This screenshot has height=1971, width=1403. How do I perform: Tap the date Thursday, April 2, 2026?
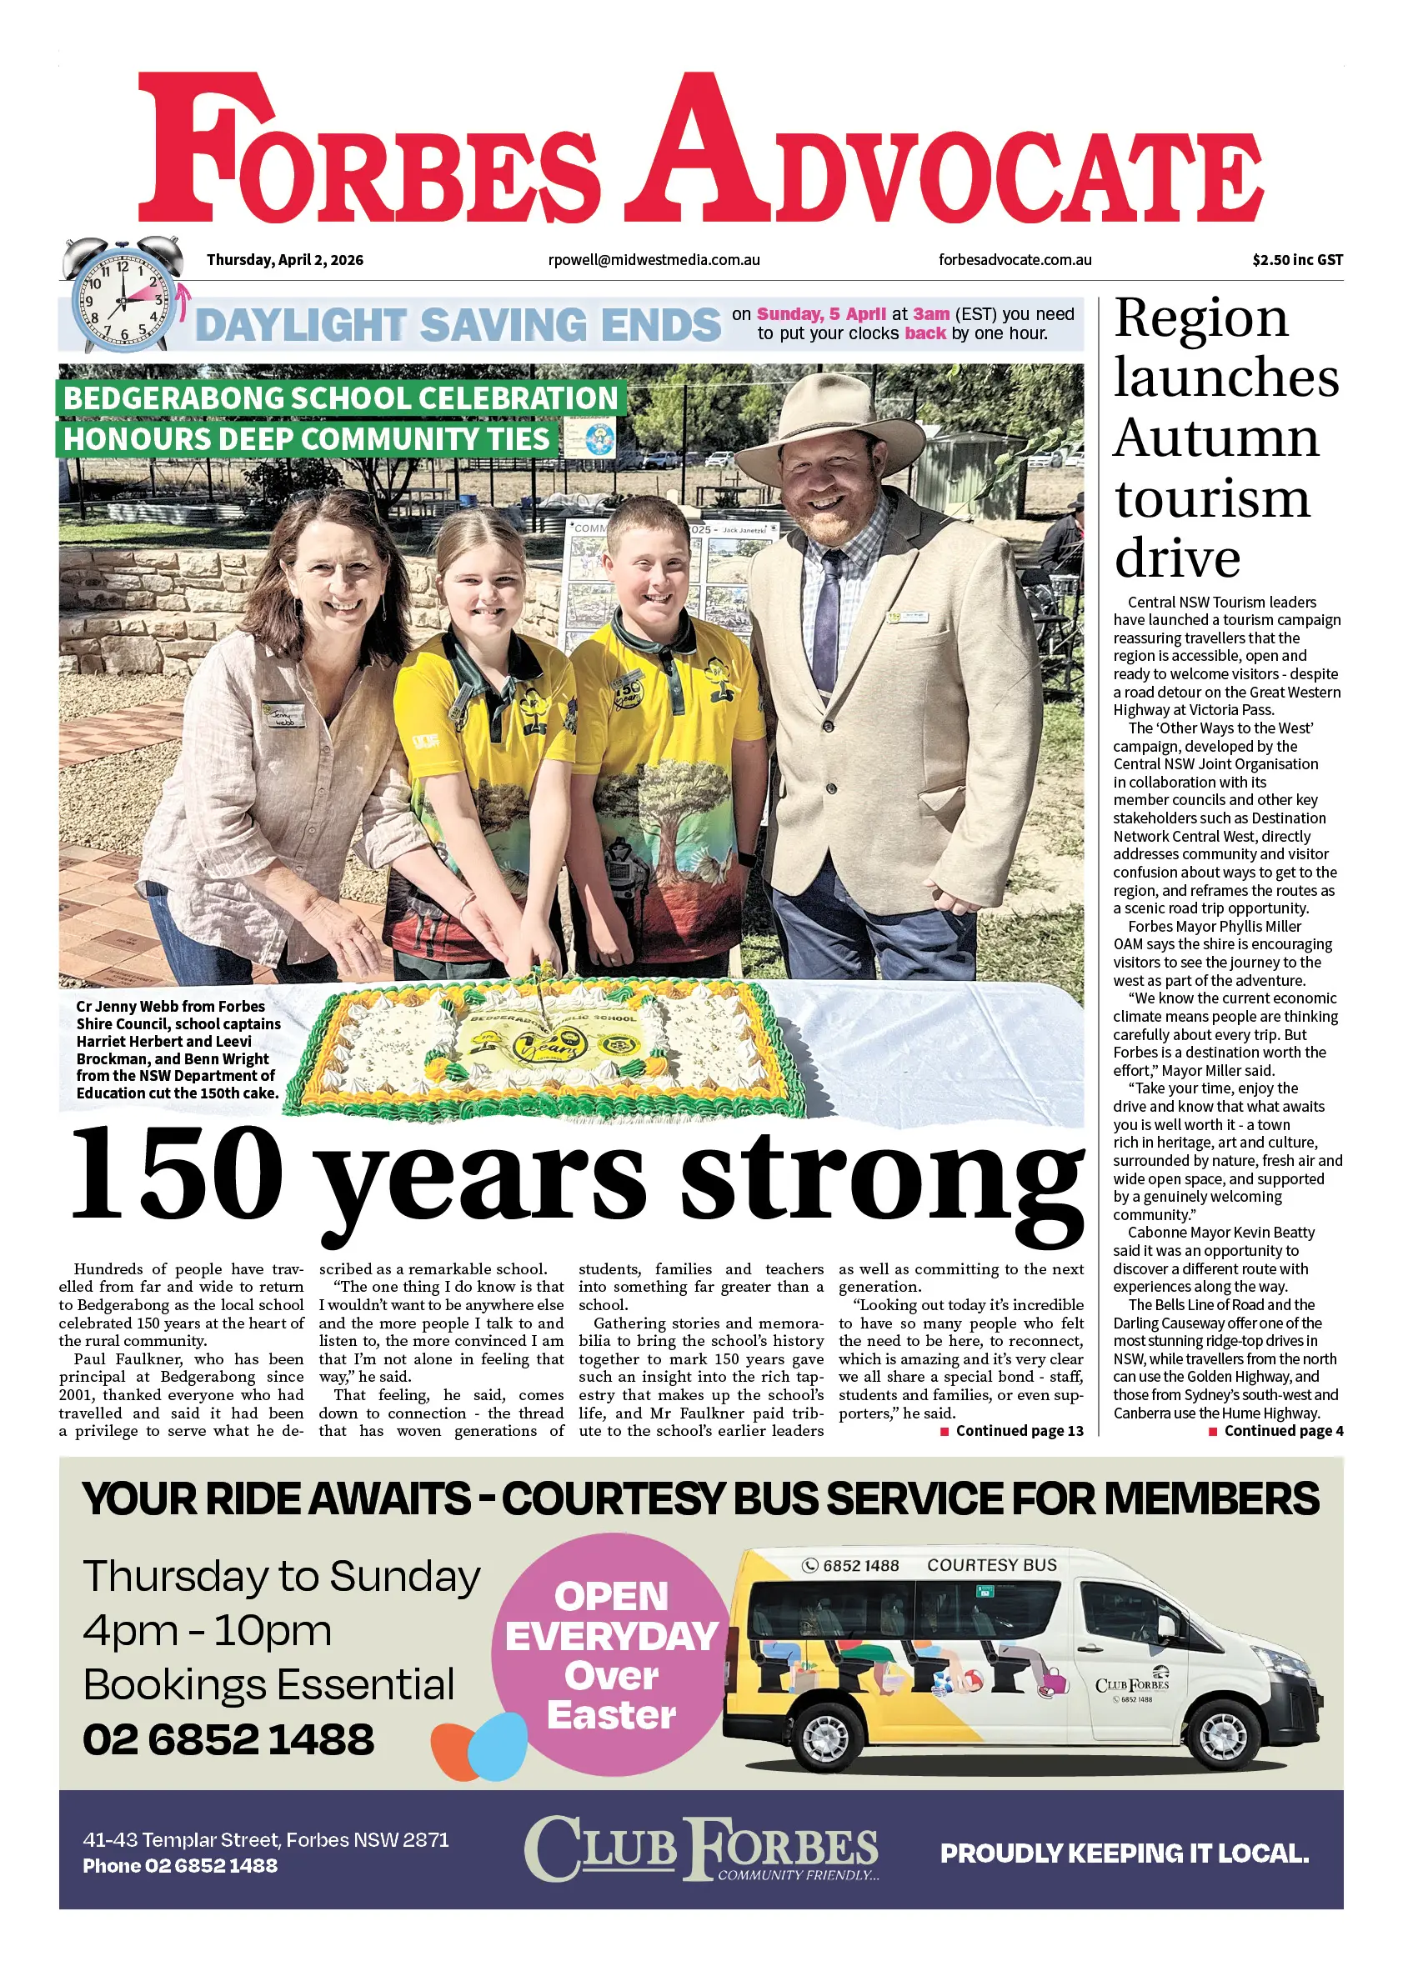(x=284, y=260)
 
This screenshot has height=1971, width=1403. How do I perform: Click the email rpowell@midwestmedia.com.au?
(x=654, y=260)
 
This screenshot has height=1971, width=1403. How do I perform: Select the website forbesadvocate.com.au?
(x=1015, y=260)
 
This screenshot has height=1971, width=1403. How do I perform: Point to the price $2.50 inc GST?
(x=1297, y=260)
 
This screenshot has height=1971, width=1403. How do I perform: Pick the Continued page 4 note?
(x=1276, y=1431)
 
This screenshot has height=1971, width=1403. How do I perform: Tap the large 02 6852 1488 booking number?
(x=229, y=1739)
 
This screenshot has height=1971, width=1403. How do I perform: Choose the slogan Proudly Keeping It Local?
(x=1124, y=1854)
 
